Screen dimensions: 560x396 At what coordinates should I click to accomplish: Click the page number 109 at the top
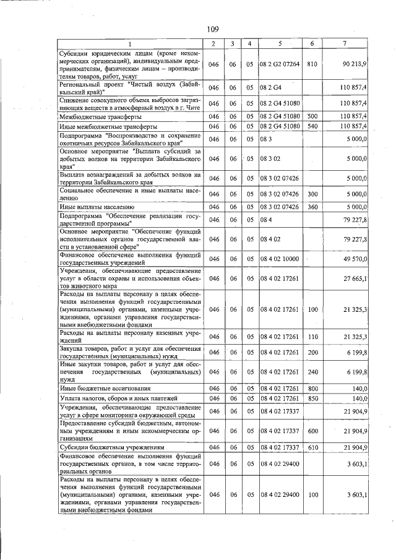pos(212,29)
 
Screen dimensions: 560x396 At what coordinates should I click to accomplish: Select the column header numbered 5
pos(280,43)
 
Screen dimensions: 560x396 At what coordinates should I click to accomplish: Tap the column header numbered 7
pos(344,43)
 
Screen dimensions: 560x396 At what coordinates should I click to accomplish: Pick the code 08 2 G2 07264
pos(280,64)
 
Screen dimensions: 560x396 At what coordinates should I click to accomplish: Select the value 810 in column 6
pos(312,64)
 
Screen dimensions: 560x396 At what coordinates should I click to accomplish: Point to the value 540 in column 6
pos(312,126)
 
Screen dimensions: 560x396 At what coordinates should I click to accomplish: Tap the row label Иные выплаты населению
pos(97,207)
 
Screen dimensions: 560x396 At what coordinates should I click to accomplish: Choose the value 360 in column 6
pos(312,207)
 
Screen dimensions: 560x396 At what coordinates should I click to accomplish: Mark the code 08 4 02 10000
pos(280,259)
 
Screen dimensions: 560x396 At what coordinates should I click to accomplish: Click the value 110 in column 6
pos(312,337)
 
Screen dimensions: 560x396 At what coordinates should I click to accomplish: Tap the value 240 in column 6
pos(312,371)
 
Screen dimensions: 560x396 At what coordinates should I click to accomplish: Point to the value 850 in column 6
pos(312,398)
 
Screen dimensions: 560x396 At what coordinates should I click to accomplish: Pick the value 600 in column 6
pos(312,430)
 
